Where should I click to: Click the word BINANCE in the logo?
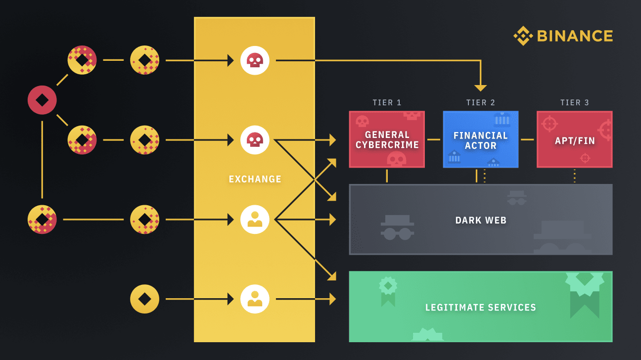click(x=575, y=36)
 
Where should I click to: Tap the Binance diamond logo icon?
click(x=523, y=36)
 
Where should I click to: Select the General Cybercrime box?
click(x=387, y=139)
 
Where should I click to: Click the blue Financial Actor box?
click(x=480, y=140)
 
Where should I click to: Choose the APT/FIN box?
click(x=574, y=140)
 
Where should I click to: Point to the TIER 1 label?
click(x=387, y=103)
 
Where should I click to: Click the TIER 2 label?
click(x=480, y=103)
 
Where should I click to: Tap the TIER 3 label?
click(x=574, y=103)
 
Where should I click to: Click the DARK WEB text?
click(x=481, y=220)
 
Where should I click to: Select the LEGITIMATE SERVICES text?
click(x=480, y=308)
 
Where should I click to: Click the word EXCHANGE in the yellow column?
click(x=255, y=179)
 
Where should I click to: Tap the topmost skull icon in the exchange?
click(x=255, y=60)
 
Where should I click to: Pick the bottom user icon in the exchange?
click(x=255, y=299)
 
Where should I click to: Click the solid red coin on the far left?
click(x=42, y=100)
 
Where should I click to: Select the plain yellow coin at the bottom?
click(x=144, y=299)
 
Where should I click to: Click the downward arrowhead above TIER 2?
click(x=480, y=88)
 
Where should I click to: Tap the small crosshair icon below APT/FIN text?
click(x=585, y=158)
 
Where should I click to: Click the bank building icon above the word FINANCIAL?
click(x=502, y=119)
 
